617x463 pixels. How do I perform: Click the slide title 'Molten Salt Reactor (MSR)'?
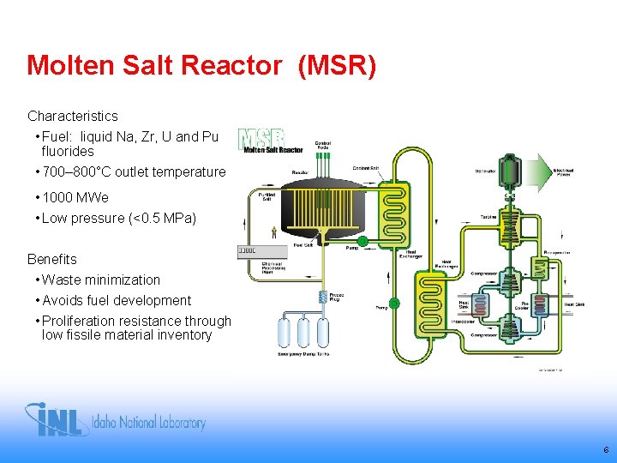pos(201,65)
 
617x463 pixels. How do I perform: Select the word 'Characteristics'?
pos(73,116)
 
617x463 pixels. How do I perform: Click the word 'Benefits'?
pos(52,259)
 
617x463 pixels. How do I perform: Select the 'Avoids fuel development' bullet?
pos(116,300)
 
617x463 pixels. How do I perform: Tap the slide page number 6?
pos(606,449)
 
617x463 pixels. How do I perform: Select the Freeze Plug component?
pos(324,297)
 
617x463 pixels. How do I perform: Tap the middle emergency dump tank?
pos(303,330)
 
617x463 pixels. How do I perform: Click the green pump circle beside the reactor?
pos(362,242)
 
